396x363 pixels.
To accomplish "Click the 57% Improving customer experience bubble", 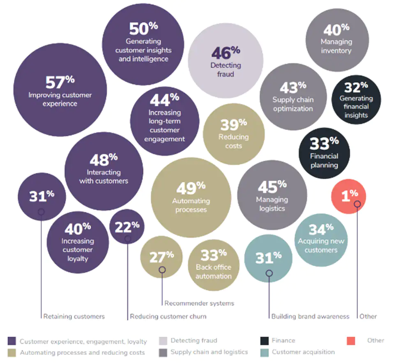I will [x=60, y=91].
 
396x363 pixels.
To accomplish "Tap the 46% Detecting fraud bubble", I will [x=226, y=61].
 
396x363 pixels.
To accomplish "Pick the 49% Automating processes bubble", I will [x=191, y=198].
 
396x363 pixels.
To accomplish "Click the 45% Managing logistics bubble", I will [x=272, y=195].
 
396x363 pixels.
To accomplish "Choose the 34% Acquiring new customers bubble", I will [x=321, y=238].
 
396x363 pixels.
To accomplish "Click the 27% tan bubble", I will [x=161, y=257].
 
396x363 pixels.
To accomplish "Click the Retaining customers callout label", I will [x=74, y=317].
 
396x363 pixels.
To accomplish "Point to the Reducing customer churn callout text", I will [x=168, y=317].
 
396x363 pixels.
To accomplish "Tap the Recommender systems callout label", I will [x=199, y=303].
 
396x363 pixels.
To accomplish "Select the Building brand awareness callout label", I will [x=310, y=317].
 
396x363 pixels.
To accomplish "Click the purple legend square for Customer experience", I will [x=12, y=341].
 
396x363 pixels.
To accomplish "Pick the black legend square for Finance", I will [x=265, y=341].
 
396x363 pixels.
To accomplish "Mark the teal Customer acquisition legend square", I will [x=265, y=352].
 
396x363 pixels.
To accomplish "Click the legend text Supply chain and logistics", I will [x=209, y=352].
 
